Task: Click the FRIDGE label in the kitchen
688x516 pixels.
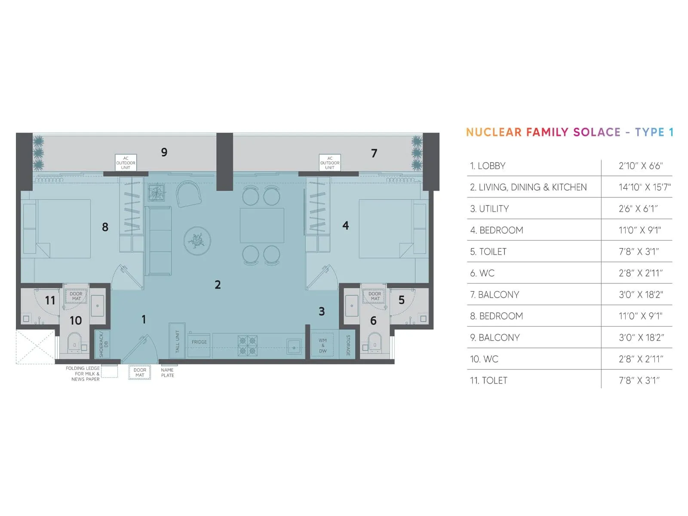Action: [x=199, y=342]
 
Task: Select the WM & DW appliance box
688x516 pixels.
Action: [x=323, y=345]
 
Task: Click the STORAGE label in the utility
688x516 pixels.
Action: [x=348, y=345]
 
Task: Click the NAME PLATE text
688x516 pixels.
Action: [x=167, y=373]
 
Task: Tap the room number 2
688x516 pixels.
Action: [x=218, y=285]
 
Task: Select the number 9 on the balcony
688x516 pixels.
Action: [x=164, y=152]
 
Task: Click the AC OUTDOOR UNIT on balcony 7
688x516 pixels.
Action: [x=330, y=163]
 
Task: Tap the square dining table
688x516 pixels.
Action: [x=262, y=225]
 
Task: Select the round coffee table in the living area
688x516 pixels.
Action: [x=197, y=241]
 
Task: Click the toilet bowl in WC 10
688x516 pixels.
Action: [x=74, y=342]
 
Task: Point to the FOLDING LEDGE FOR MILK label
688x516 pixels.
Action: [x=83, y=374]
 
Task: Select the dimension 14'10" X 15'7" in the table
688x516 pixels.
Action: [x=644, y=187]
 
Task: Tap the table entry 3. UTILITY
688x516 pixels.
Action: [x=489, y=209]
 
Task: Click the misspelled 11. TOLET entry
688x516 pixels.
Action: [x=488, y=381]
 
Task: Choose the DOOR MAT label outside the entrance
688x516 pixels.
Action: [x=140, y=372]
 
